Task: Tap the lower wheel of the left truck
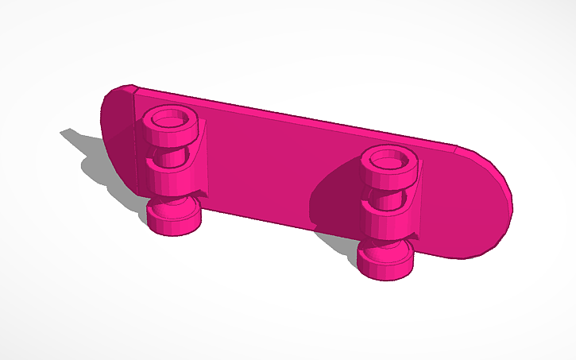click(172, 218)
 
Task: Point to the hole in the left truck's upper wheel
click(169, 122)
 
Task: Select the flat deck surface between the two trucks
click(278, 159)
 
